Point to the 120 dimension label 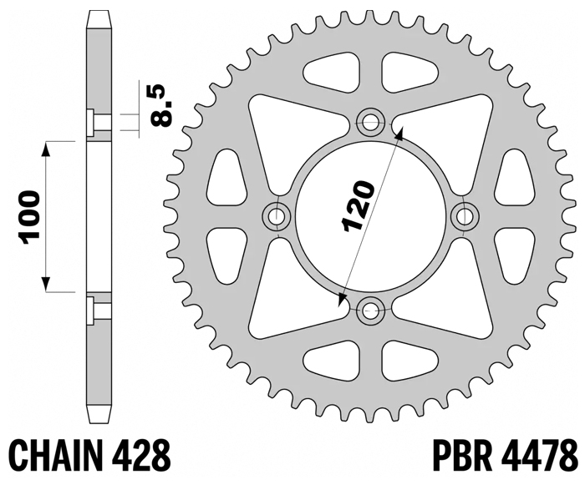[359, 206]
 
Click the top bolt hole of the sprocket [369, 123]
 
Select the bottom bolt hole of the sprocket [369, 311]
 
